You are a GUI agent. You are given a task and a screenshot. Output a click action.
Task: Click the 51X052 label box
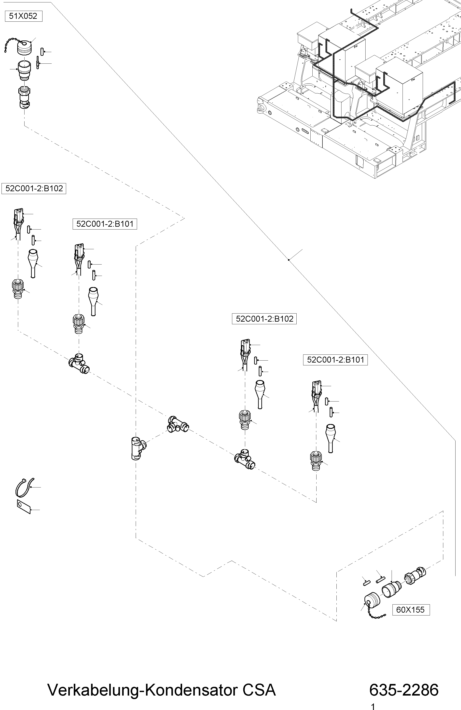24,16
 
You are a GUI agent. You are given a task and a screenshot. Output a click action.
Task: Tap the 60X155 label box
410,610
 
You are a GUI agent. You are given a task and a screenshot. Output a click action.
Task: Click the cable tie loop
24,487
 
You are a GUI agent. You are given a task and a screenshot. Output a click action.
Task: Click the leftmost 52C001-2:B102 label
34,189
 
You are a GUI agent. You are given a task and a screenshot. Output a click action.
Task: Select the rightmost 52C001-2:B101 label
335,360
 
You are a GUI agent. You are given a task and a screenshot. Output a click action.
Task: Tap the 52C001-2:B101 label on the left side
105,224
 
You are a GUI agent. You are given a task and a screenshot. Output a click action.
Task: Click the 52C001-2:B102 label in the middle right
264,319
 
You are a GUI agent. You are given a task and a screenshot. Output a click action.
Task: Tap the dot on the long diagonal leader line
289,260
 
